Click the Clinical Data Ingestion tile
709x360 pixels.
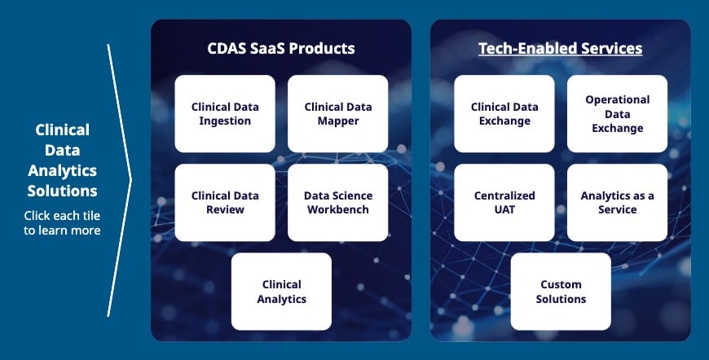point(225,114)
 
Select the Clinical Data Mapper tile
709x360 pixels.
point(337,114)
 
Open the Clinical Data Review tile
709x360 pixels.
point(225,202)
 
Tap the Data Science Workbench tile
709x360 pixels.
point(337,202)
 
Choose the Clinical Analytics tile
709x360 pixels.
point(281,292)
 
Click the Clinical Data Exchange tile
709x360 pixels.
point(504,114)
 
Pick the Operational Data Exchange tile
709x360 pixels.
point(617,114)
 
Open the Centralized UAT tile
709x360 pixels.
point(504,202)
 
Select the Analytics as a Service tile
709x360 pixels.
point(617,202)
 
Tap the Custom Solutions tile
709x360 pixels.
point(561,292)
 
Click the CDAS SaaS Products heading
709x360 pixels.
point(281,48)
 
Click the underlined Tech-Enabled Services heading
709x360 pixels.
point(560,49)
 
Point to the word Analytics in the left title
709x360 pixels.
point(63,171)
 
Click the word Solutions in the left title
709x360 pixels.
point(63,191)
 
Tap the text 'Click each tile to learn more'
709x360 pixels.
point(62,222)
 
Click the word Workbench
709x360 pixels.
point(337,209)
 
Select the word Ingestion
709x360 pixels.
point(225,121)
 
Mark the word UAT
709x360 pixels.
point(504,209)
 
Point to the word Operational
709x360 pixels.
point(617,100)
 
